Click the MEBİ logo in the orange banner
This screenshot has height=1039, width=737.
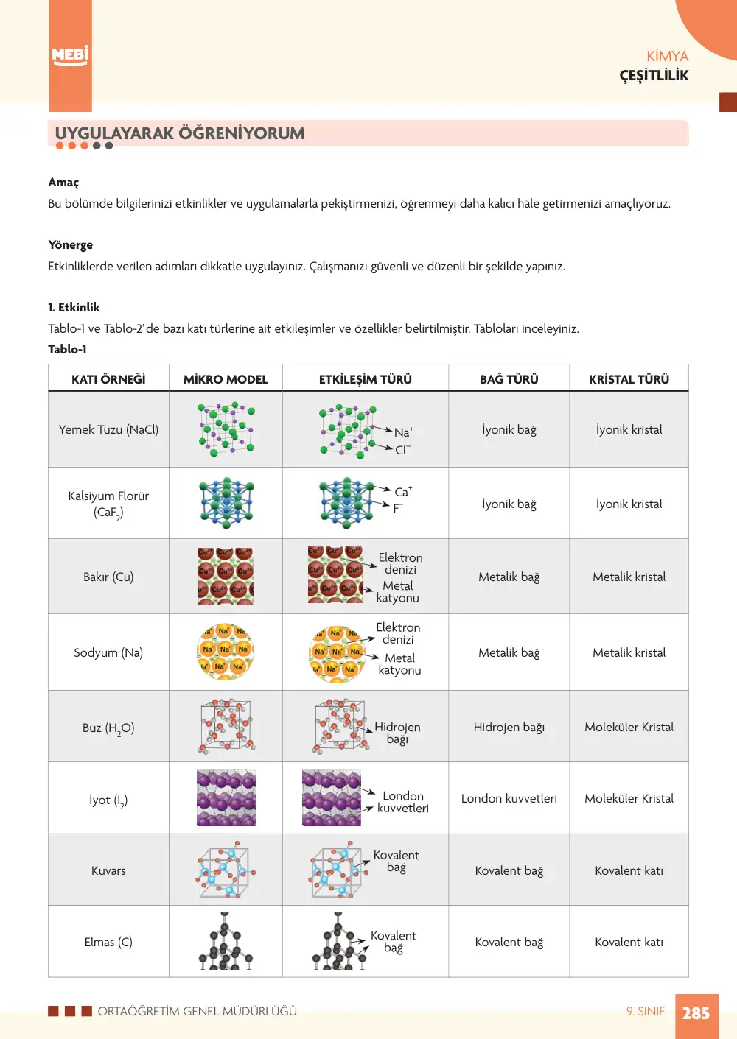point(70,56)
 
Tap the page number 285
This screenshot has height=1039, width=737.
point(696,1012)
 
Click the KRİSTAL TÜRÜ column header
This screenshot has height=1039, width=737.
point(629,379)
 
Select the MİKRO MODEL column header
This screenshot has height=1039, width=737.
point(226,379)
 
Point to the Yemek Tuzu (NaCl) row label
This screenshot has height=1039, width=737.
point(108,429)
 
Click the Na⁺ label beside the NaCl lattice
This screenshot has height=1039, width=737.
point(404,432)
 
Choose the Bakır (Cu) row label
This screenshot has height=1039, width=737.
point(108,577)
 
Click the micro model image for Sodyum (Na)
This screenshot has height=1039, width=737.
point(226,652)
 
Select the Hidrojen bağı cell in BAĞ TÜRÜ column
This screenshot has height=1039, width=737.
point(509,727)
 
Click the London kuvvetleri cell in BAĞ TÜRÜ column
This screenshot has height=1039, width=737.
point(509,798)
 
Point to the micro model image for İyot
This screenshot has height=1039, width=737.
point(226,797)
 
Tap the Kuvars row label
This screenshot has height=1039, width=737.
point(108,870)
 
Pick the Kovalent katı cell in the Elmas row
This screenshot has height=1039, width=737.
point(629,942)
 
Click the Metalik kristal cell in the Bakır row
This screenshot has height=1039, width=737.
point(629,577)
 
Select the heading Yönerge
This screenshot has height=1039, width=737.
point(71,245)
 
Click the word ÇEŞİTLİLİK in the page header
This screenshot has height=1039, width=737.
point(654,75)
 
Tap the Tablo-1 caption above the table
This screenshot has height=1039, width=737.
point(67,349)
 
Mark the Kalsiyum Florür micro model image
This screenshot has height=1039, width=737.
point(226,503)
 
